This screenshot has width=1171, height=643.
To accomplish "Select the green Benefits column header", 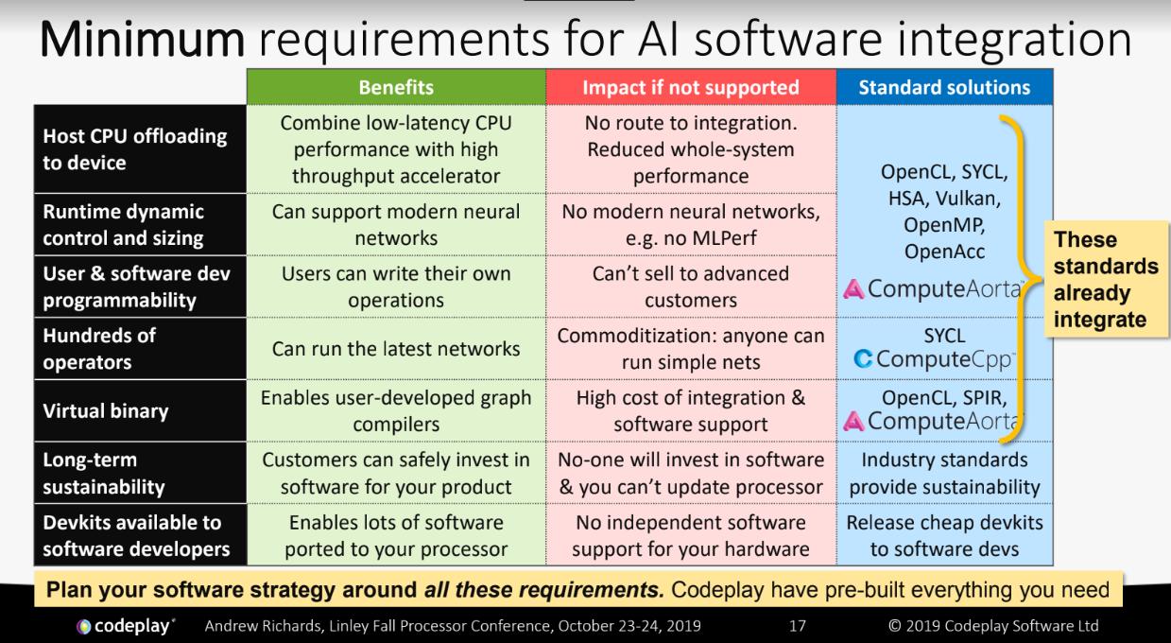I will (395, 88).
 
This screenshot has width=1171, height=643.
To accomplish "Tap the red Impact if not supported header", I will (691, 88).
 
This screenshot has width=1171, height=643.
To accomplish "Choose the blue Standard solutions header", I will (944, 88).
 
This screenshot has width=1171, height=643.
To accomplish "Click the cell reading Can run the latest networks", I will (395, 349).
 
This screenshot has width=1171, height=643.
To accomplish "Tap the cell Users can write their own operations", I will (395, 287).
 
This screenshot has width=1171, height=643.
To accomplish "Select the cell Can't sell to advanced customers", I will (691, 287).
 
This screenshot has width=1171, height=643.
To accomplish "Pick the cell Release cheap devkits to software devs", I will (944, 536).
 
